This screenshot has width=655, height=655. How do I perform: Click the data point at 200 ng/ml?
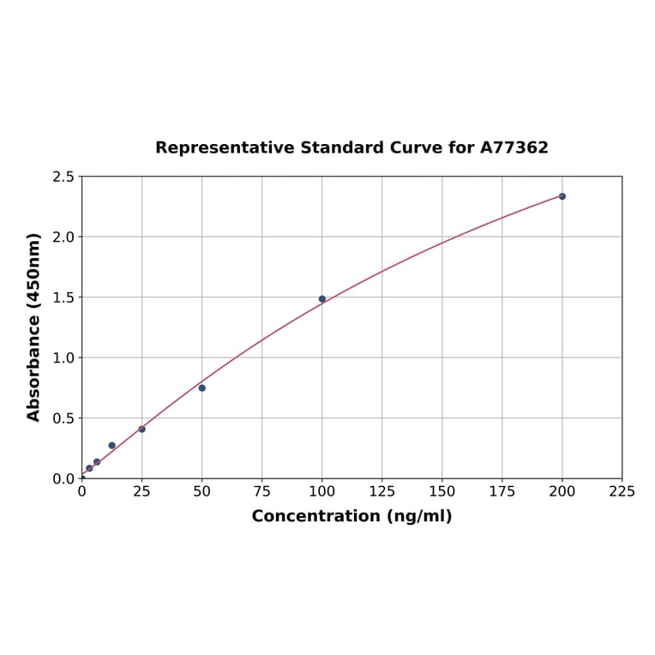(x=562, y=196)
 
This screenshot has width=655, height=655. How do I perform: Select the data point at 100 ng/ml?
(x=322, y=299)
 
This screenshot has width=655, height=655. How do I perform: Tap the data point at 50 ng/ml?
(x=202, y=388)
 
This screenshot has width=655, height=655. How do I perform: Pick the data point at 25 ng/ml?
(x=142, y=429)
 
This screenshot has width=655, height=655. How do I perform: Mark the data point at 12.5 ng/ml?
(x=112, y=445)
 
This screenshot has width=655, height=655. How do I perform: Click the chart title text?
(x=352, y=147)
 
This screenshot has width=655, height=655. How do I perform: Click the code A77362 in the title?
(x=514, y=147)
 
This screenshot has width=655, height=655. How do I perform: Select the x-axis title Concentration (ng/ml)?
(x=352, y=516)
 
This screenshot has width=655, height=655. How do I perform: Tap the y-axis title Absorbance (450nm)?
(x=34, y=327)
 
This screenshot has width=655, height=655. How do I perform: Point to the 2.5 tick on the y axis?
(x=63, y=177)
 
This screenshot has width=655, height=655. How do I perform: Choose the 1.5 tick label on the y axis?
(x=63, y=297)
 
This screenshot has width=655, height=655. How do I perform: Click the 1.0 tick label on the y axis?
(x=63, y=358)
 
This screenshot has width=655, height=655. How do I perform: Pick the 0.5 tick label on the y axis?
(x=63, y=418)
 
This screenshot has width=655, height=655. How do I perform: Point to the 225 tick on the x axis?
(x=622, y=491)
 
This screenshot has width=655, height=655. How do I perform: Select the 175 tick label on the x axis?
(x=502, y=491)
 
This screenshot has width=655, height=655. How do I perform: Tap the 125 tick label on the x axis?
(x=382, y=491)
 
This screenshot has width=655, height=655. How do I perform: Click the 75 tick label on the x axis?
(x=262, y=491)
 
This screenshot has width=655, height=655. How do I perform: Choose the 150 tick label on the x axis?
(x=442, y=491)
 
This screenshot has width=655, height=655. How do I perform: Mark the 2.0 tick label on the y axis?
(x=63, y=237)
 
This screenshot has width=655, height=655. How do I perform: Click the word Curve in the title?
(x=418, y=147)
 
